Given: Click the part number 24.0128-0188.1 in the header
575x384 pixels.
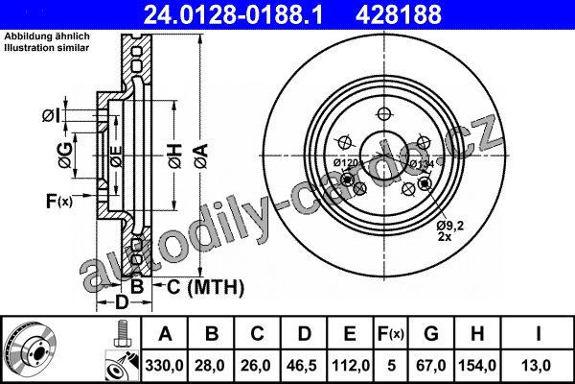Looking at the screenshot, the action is pyautogui.click(x=233, y=14).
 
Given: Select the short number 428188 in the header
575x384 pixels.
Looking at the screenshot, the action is pyautogui.click(x=399, y=14).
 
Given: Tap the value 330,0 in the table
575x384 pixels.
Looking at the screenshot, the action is pyautogui.click(x=164, y=366).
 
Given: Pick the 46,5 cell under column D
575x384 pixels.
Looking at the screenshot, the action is pyautogui.click(x=304, y=366).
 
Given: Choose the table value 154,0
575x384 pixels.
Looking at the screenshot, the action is pyautogui.click(x=477, y=366).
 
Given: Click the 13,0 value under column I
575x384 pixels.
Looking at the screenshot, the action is pyautogui.click(x=537, y=366).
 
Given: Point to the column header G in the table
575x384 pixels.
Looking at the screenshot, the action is pyautogui.click(x=431, y=334).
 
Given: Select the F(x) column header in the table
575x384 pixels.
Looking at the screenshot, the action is pyautogui.click(x=391, y=334).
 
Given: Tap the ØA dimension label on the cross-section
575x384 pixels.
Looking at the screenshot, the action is pyautogui.click(x=201, y=156).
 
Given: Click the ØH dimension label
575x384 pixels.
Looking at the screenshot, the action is pyautogui.click(x=175, y=156).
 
